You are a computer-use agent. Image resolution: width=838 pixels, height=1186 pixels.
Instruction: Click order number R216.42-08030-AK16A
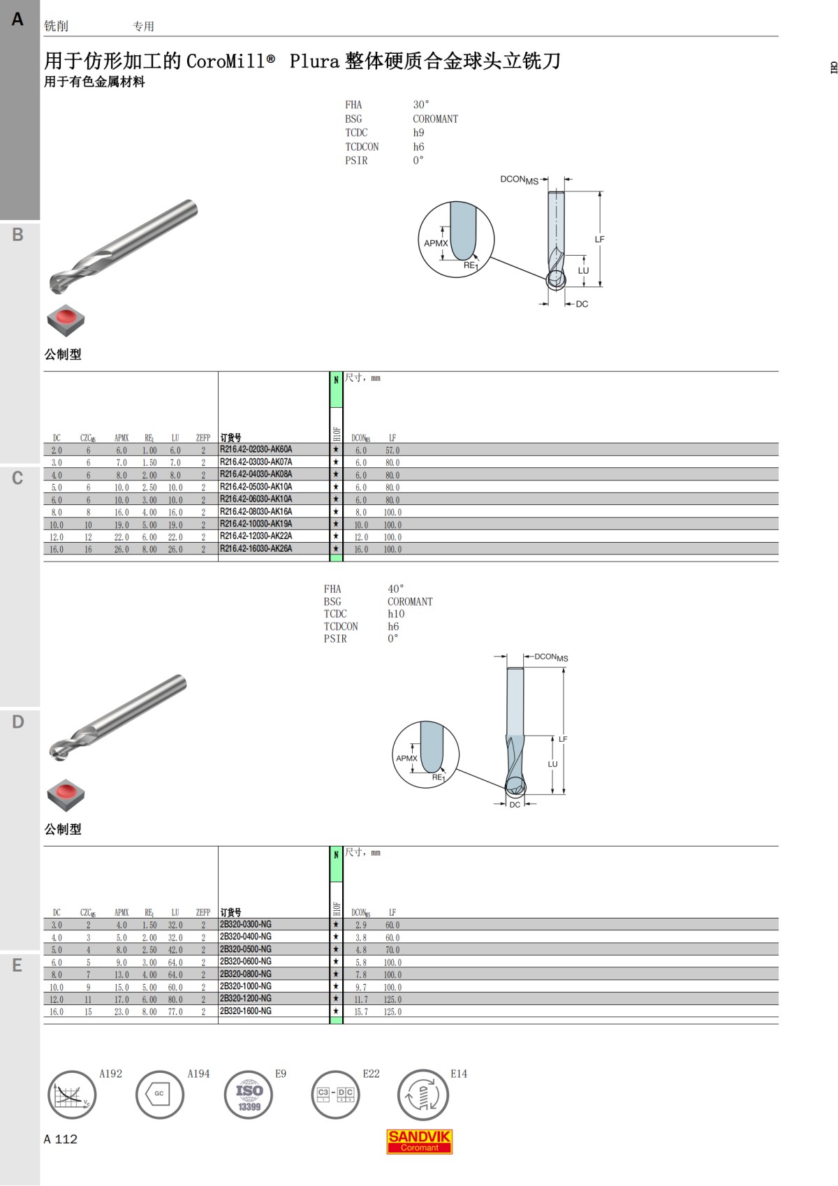pos(256,511)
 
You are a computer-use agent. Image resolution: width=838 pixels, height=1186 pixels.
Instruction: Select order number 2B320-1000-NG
pos(246,986)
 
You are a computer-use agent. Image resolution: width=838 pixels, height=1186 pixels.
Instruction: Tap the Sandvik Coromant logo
pos(419,1141)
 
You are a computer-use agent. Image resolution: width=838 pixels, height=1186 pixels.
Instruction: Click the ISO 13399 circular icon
pos(249,1095)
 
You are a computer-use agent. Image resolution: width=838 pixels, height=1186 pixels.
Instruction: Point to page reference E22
pos(371,1074)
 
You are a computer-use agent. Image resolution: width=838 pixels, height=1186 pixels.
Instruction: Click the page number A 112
pos(60,1139)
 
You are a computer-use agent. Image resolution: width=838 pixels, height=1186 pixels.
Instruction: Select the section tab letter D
pos(17,722)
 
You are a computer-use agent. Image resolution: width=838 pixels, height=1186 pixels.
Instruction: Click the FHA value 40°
pos(395,588)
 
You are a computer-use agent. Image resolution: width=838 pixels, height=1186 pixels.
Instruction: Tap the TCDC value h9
pos(418,133)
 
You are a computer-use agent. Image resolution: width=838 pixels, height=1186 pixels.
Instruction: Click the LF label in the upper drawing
pos(599,240)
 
